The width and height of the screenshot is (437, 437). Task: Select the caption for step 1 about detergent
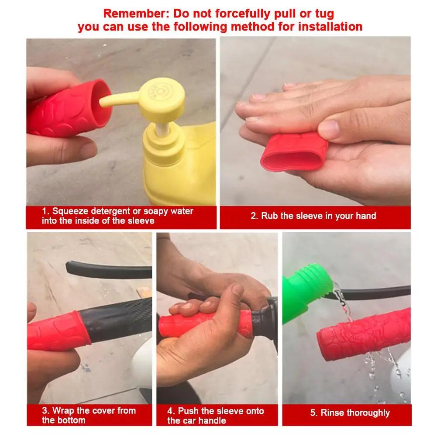click(117, 216)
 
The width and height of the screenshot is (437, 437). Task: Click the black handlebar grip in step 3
click(118, 319)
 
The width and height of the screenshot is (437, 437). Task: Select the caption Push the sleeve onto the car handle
click(216, 415)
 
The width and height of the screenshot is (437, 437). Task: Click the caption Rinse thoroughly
click(350, 413)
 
